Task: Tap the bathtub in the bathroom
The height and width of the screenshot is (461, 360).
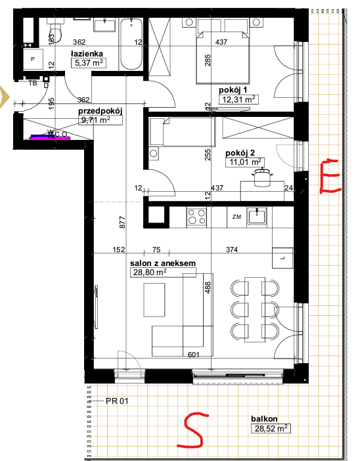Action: [x=131, y=44]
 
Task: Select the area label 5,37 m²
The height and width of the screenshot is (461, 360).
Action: [x=89, y=62]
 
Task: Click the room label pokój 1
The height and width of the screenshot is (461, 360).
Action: [x=233, y=90]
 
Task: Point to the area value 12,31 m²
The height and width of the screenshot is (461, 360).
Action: [x=238, y=99]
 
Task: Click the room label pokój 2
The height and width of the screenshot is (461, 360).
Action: [x=240, y=153]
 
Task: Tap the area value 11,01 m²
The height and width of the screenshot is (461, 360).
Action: [x=245, y=162]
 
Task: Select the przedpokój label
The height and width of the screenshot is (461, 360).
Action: [x=100, y=112]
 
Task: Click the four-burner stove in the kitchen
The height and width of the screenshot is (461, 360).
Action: [x=196, y=217]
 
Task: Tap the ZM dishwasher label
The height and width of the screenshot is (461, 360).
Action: [x=236, y=217]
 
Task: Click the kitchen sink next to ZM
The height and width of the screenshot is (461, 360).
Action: [x=257, y=217]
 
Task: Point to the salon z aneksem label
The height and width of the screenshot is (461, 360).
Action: [x=163, y=263]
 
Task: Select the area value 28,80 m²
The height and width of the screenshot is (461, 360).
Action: [x=150, y=273]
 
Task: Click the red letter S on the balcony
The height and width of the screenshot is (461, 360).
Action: [x=192, y=429]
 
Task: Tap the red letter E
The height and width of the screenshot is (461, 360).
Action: [x=330, y=176]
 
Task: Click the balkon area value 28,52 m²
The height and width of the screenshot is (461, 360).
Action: [x=271, y=428]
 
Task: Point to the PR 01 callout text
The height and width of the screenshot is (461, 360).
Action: [x=117, y=401]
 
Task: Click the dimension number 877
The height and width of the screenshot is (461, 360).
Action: [x=123, y=222]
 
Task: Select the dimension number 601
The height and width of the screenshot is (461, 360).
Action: [x=194, y=355]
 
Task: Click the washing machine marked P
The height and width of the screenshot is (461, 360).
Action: [x=33, y=59]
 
